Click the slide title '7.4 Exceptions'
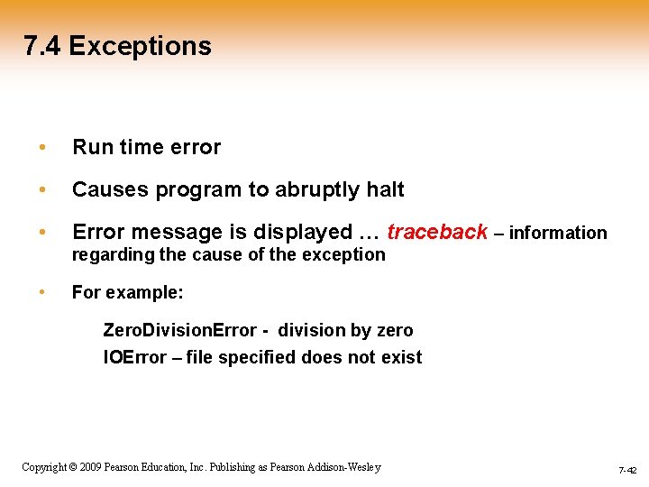[118, 46]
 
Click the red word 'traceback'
[437, 232]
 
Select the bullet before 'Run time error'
[41, 147]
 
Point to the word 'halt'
[386, 189]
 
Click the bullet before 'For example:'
[41, 293]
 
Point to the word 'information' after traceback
[558, 233]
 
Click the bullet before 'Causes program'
[41, 190]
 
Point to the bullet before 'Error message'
[41, 233]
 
